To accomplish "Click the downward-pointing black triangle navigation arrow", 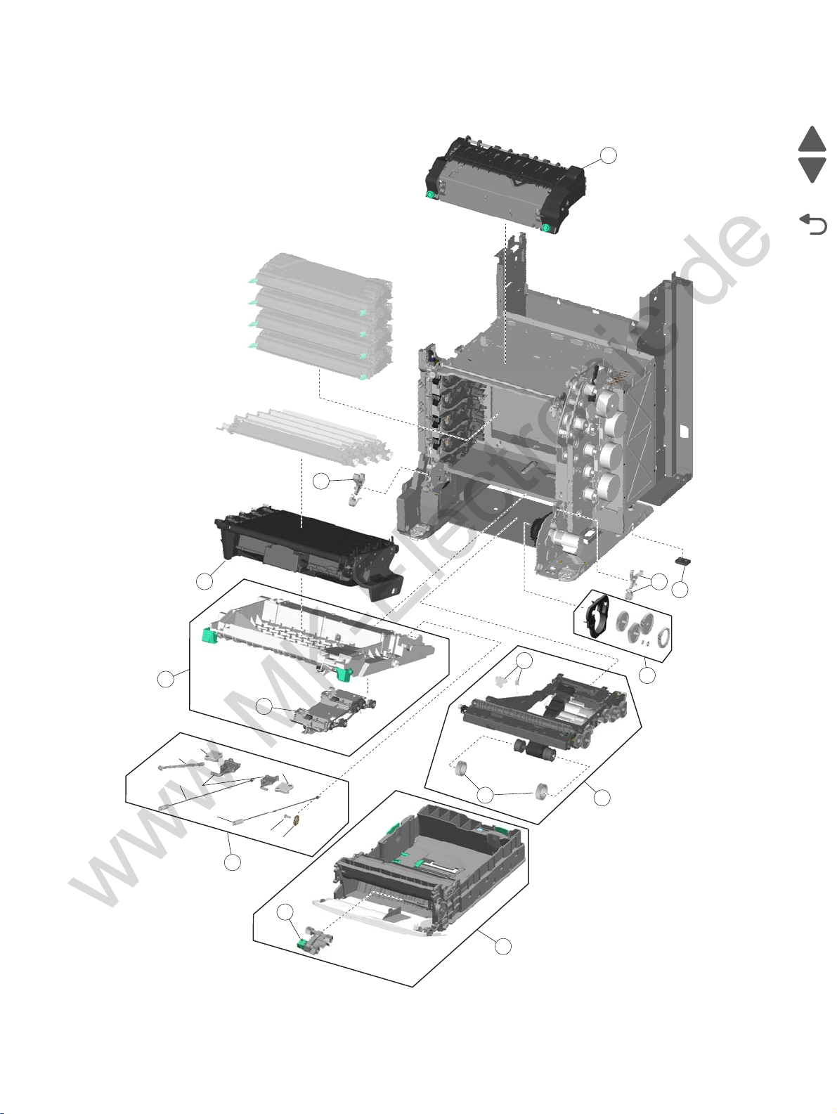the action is pyautogui.click(x=812, y=170).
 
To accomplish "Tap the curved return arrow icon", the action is pyautogui.click(x=814, y=225).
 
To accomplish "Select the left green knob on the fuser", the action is pyautogui.click(x=430, y=194).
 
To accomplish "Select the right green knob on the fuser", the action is pyautogui.click(x=545, y=227).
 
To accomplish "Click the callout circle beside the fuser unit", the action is pyautogui.click(x=609, y=155).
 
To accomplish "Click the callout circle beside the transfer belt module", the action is pyautogui.click(x=205, y=581).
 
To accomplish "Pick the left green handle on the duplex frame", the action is pyautogui.click(x=208, y=636).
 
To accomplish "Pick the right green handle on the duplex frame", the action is pyautogui.click(x=344, y=675).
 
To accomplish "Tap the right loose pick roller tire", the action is pyautogui.click(x=542, y=791).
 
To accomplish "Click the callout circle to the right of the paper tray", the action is pyautogui.click(x=502, y=947).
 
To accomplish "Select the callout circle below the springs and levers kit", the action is pyautogui.click(x=233, y=862).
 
